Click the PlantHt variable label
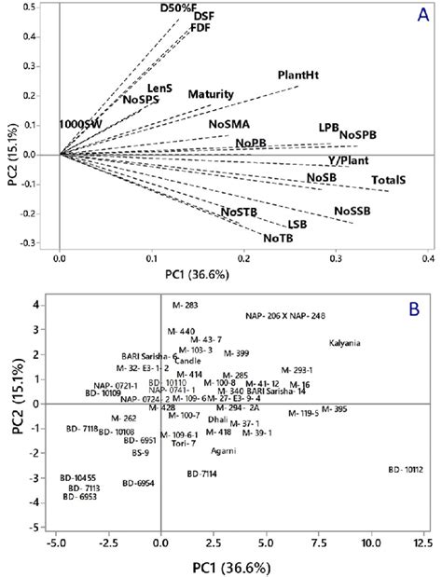(298, 75)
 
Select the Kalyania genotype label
(347, 343)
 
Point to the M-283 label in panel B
(185, 305)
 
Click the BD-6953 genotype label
(80, 497)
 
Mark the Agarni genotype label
(222, 450)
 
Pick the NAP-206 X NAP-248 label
(292, 315)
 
